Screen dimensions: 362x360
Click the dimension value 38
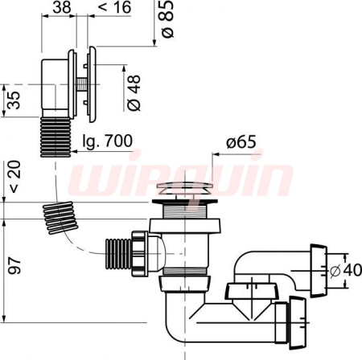coord(62,7)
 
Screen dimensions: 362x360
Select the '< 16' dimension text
coord(114,7)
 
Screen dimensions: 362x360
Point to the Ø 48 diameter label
coord(134,92)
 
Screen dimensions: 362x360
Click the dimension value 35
coord(14,100)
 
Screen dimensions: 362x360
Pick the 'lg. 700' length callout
coord(107,141)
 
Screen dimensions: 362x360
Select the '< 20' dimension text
coord(14,176)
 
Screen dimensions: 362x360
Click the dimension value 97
coord(14,266)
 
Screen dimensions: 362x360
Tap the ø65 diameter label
coord(241,142)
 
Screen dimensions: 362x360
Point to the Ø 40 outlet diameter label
coord(345,270)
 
